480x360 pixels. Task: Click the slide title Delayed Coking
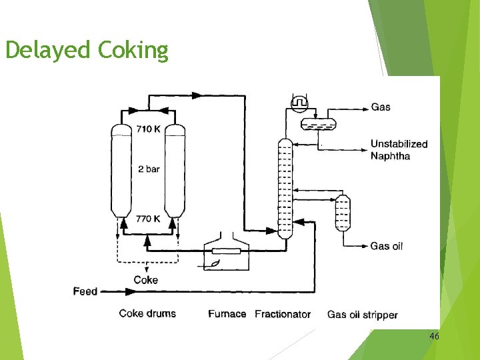coord(87,49)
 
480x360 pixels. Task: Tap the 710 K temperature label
coord(148,129)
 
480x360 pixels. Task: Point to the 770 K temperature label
coord(148,219)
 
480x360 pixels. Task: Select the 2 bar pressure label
coord(149,169)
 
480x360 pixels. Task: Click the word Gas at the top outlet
coord(381,107)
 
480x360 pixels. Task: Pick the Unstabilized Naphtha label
coord(399,150)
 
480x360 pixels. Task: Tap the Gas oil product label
coord(387,246)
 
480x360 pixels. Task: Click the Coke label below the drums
coord(146,279)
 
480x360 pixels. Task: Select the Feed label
coord(85,291)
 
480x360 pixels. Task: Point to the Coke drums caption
coord(147,313)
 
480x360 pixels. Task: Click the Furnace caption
coord(227,313)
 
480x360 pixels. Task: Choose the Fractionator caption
coord(283,314)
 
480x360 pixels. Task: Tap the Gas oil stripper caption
coord(363,314)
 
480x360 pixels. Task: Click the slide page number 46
coord(434,337)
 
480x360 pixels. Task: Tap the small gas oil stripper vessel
coord(343,211)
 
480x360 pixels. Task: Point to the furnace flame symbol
coord(215,265)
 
